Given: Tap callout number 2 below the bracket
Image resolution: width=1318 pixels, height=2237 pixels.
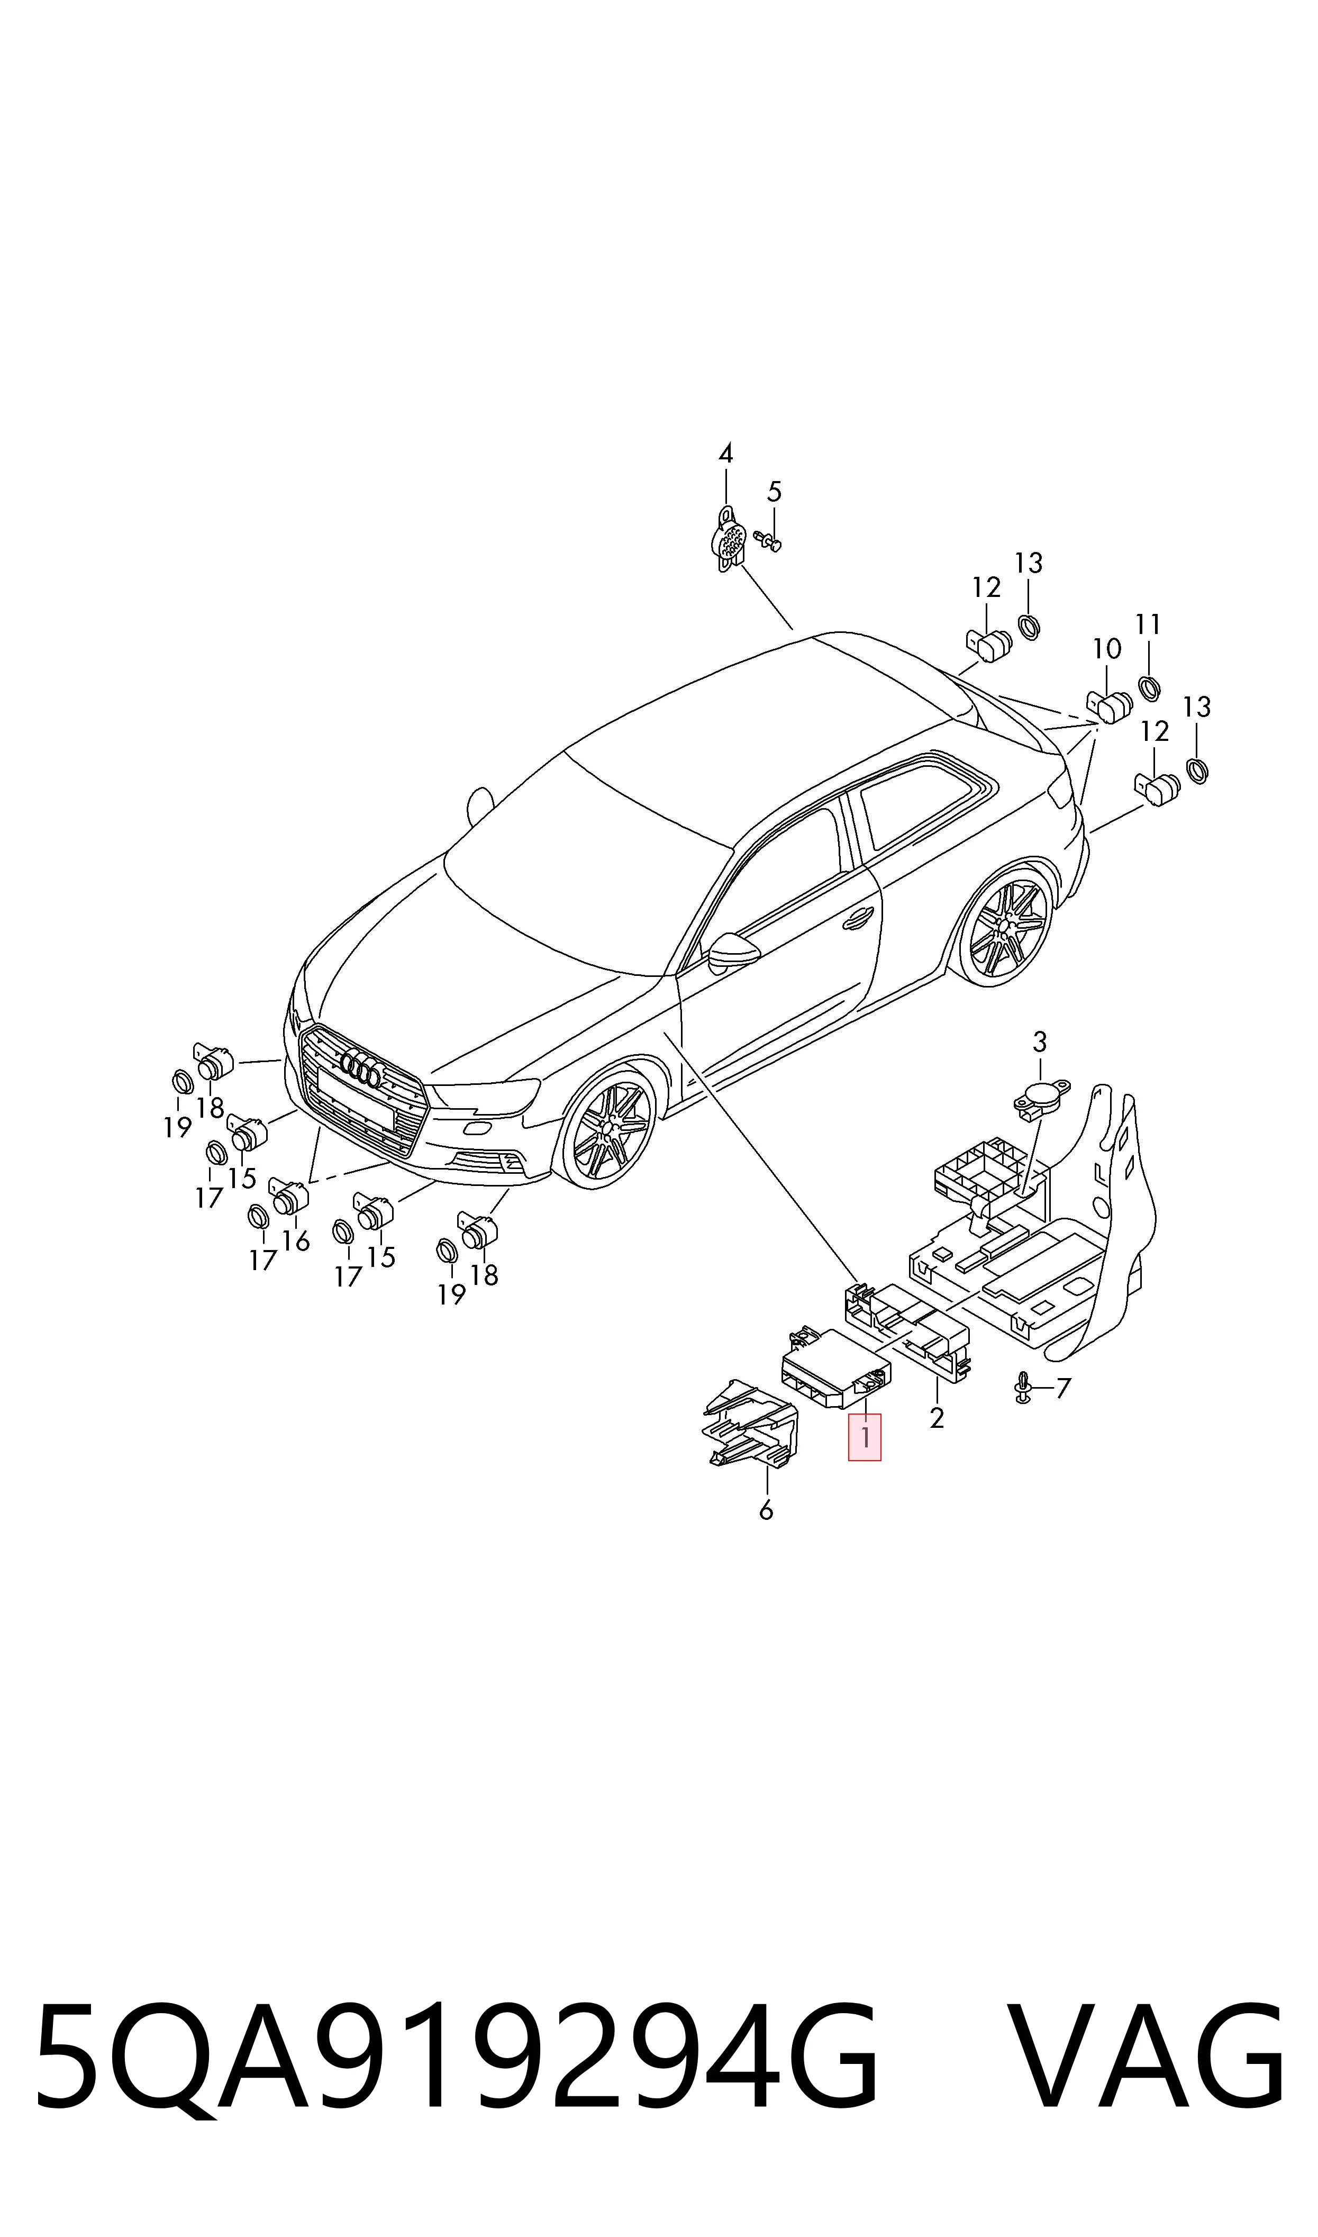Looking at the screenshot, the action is [x=936, y=1418].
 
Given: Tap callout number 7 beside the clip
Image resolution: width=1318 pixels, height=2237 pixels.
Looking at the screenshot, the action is [x=1063, y=1388].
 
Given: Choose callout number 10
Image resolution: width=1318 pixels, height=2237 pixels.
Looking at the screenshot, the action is [x=1107, y=649].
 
